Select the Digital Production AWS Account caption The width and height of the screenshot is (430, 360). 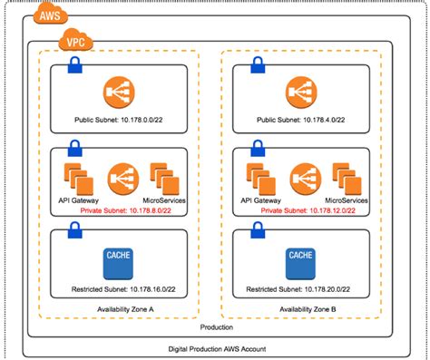[215, 349]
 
